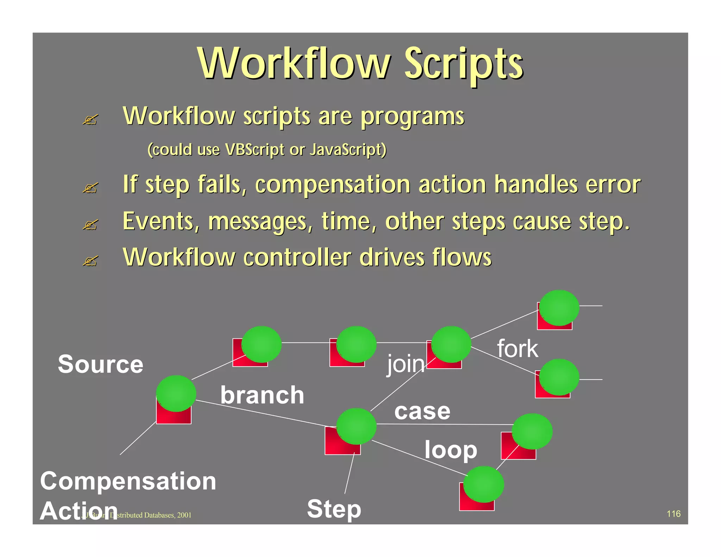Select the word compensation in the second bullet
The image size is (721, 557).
[332, 185]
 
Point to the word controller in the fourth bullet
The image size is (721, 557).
[297, 258]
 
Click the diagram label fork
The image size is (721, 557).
[517, 349]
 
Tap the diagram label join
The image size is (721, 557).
[406, 364]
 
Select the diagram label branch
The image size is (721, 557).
[262, 395]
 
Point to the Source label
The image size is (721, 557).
[101, 364]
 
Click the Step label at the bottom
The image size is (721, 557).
[334, 509]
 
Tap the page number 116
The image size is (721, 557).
[673, 514]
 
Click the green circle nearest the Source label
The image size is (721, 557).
[176, 393]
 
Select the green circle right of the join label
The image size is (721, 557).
[451, 344]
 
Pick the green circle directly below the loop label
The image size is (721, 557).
[483, 484]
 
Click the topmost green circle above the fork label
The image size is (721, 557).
[559, 308]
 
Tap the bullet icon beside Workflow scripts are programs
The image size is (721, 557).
[90, 120]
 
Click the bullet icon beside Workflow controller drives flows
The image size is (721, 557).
[90, 261]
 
